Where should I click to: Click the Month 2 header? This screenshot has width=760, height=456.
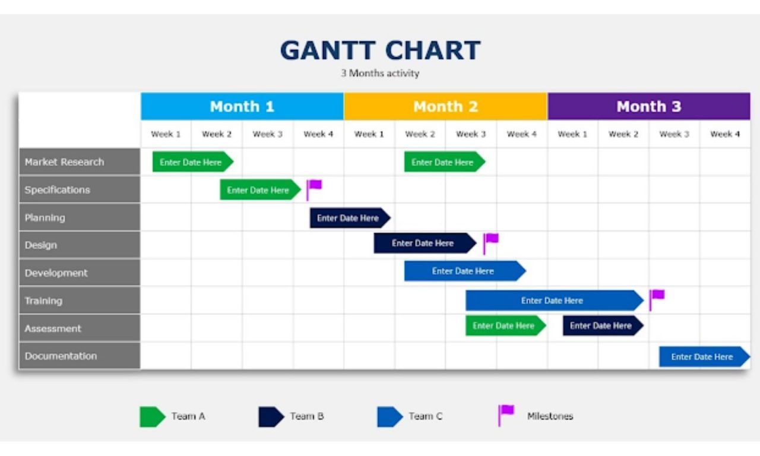click(445, 106)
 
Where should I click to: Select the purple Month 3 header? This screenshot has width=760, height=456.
click(649, 106)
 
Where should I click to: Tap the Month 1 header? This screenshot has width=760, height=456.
click(242, 106)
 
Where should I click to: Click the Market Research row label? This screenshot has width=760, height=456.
click(80, 162)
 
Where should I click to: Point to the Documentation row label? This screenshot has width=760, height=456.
click(80, 356)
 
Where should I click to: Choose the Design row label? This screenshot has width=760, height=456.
click(80, 245)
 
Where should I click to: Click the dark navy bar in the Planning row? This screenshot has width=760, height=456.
click(350, 218)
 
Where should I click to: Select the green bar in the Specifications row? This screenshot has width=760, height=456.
click(260, 189)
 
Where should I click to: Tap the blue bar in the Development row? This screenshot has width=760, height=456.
click(465, 271)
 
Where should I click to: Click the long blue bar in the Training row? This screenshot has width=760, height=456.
click(555, 300)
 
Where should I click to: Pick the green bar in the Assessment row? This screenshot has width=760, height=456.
click(505, 326)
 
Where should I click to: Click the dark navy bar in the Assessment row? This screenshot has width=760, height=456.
click(603, 326)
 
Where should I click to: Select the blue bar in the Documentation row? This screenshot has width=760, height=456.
click(705, 357)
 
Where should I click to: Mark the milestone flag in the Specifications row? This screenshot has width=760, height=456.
click(314, 189)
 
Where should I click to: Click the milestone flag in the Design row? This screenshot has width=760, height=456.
click(490, 243)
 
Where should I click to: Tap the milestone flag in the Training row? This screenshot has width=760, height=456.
click(657, 300)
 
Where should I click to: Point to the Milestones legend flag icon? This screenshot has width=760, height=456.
click(506, 415)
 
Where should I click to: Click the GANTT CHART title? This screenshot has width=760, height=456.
click(381, 50)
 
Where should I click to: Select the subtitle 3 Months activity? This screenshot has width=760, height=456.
click(380, 73)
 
